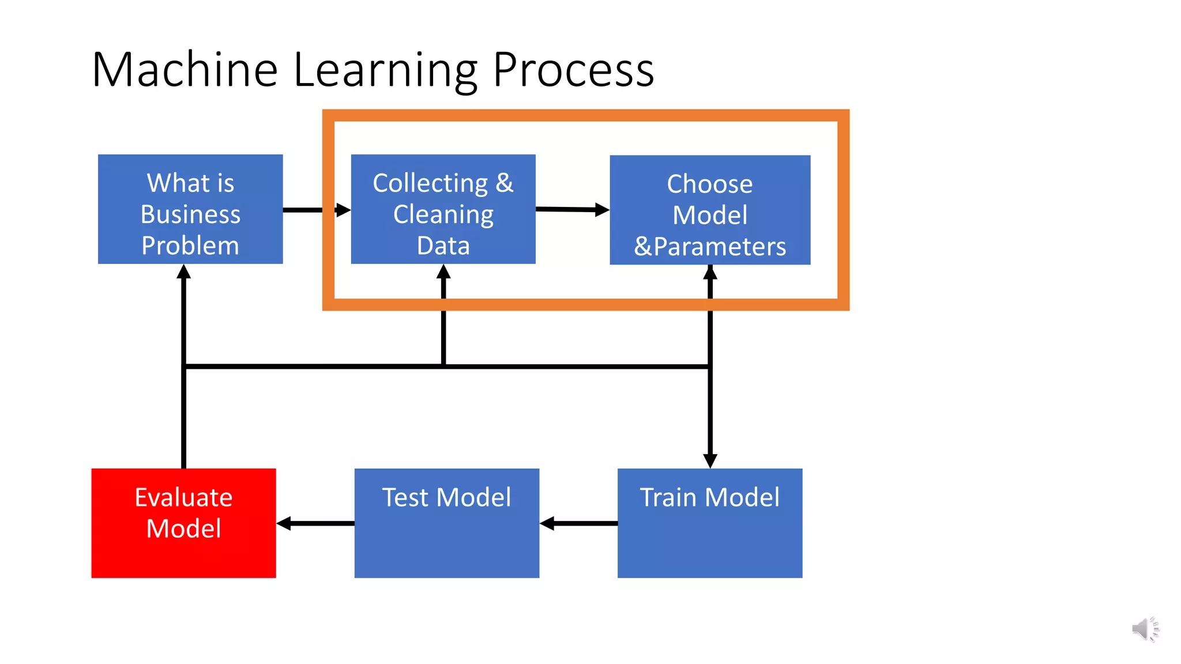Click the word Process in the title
point(573,70)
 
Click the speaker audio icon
point(1145,629)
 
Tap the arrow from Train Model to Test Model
point(579,523)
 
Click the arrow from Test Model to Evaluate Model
point(315,523)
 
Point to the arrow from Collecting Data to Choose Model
point(572,209)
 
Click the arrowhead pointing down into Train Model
point(710,460)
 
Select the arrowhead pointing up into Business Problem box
point(183,272)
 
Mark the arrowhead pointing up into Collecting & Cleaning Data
point(443,272)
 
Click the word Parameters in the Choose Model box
point(719,247)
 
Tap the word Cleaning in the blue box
point(443,214)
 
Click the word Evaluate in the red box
point(183,497)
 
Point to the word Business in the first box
point(190,214)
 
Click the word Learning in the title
point(385,70)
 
